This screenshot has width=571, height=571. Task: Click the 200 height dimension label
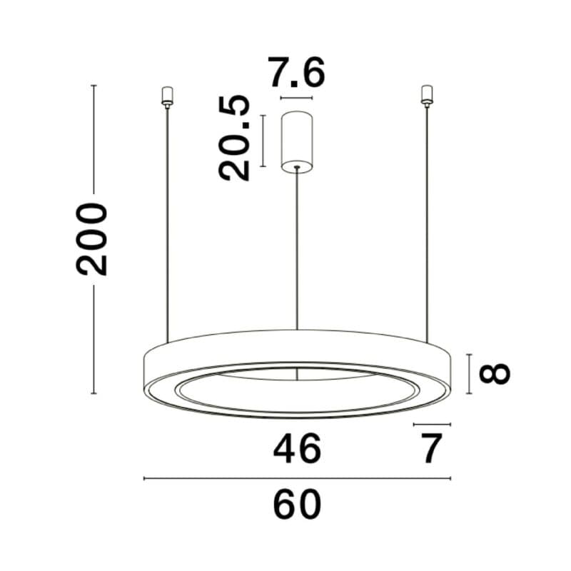92,239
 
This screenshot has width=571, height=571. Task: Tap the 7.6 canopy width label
296,74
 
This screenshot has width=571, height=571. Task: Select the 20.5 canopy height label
234,138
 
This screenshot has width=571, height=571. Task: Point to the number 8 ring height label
494,373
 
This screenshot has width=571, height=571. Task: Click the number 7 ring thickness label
432,448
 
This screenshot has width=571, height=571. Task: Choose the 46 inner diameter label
297,449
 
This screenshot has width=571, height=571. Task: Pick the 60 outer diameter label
297,505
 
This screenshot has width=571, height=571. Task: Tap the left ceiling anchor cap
167,96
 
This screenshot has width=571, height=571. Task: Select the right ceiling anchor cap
427,96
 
